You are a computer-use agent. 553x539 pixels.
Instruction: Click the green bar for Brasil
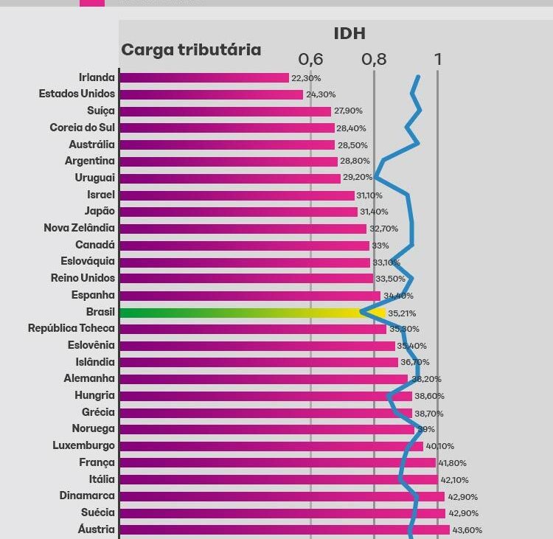click(243, 313)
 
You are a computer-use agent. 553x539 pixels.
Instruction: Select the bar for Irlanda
click(204, 77)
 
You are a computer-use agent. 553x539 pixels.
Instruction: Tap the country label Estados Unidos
click(77, 94)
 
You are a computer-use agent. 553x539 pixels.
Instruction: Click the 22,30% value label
click(306, 78)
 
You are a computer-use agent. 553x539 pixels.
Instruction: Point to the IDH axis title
click(349, 33)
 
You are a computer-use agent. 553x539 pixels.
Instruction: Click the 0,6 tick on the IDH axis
click(310, 59)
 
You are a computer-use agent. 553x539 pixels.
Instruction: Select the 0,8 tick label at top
click(374, 59)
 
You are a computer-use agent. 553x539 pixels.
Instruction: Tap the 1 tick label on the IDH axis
click(438, 59)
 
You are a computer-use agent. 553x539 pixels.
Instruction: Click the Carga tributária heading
click(191, 49)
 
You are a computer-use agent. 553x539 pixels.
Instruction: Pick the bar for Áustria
click(284, 529)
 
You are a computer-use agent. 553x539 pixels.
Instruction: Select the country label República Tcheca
click(72, 328)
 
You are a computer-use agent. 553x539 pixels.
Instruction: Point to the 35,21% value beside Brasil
click(403, 313)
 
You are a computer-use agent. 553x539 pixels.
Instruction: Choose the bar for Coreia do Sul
click(227, 128)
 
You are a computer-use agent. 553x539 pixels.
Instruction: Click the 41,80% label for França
click(453, 463)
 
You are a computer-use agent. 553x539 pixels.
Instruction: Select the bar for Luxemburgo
click(271, 445)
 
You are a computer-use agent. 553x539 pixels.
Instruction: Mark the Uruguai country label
click(94, 178)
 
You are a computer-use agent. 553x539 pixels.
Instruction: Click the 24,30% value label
click(321, 94)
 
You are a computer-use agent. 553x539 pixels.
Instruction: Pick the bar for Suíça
click(225, 111)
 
